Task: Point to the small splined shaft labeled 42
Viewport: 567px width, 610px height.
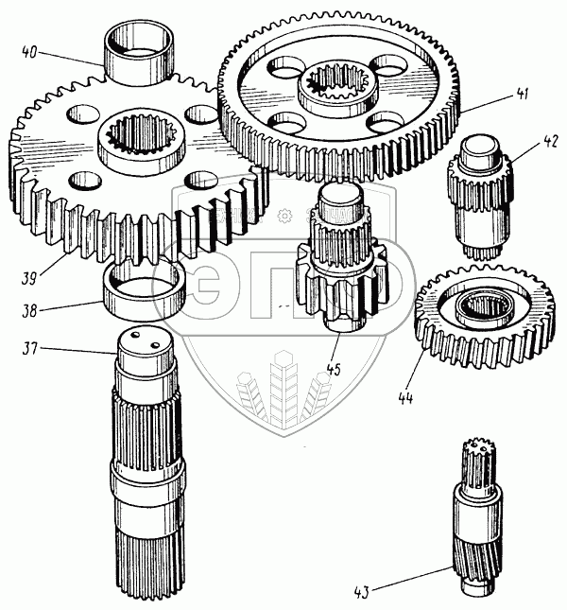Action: click(x=481, y=194)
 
